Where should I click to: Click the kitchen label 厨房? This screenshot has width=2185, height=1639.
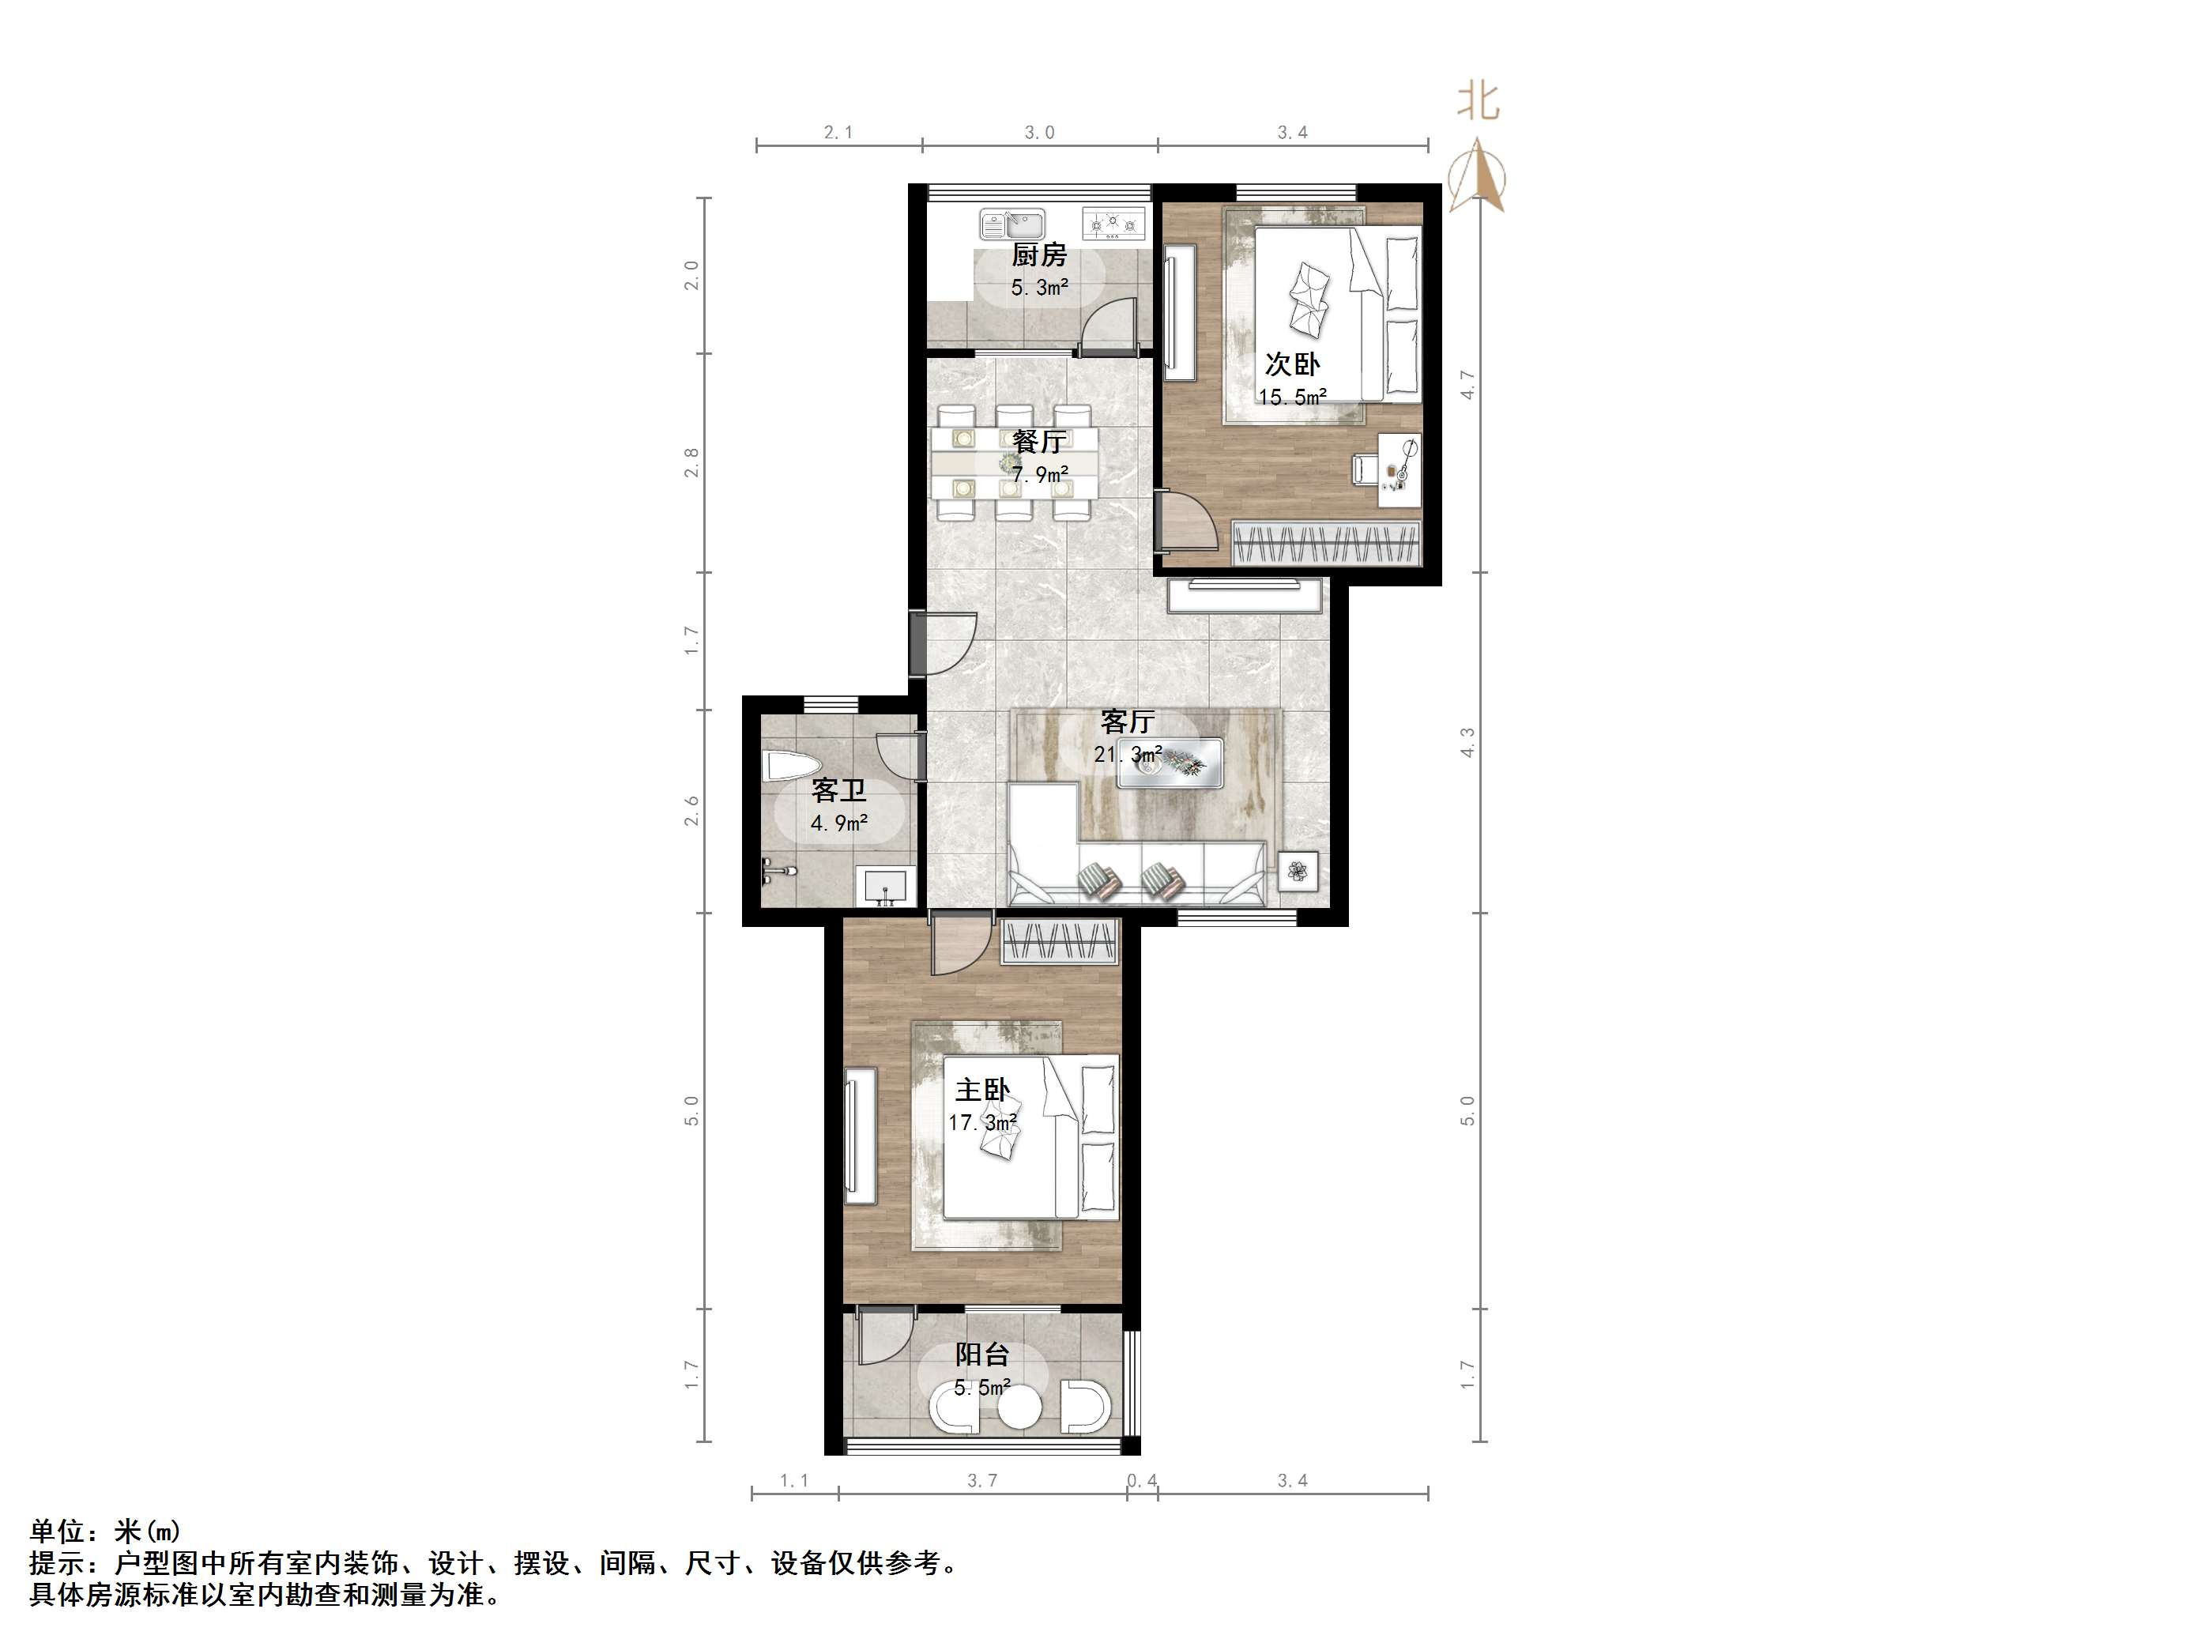(1038, 255)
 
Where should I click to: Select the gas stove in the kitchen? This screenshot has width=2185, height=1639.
(1113, 224)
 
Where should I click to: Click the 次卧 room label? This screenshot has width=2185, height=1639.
(1292, 364)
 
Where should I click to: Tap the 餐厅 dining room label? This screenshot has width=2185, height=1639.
(1038, 442)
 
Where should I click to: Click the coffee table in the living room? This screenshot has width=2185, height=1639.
(1170, 763)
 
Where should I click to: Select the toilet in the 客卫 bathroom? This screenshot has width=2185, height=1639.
(791, 767)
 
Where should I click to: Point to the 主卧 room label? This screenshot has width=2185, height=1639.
(981, 1090)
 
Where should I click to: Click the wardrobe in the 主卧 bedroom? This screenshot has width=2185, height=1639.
(1060, 940)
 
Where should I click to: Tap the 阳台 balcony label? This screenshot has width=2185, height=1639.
(981, 1355)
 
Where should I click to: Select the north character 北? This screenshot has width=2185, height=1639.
(1479, 102)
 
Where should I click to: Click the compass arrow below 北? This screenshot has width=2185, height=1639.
(1478, 177)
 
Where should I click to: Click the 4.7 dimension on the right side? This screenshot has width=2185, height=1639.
(1468, 384)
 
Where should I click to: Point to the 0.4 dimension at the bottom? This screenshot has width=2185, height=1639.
(1142, 1481)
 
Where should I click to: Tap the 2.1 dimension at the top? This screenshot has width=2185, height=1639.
(838, 133)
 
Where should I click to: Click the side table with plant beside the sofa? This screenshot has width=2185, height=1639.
(1298, 872)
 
